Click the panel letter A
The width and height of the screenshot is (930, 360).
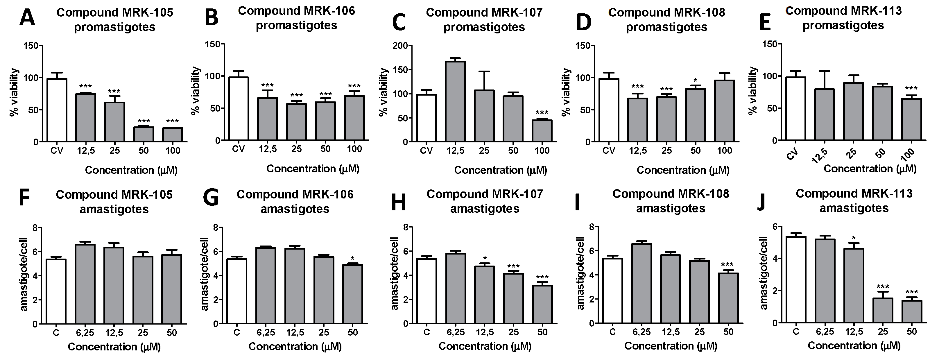pos(27,18)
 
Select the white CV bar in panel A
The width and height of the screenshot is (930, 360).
pos(57,110)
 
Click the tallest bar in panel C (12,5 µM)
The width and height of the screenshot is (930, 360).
pos(455,101)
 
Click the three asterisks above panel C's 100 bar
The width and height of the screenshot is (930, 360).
pos(542,113)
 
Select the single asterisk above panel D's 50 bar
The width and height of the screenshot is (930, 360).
pos(695,80)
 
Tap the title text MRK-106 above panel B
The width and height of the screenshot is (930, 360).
pos(296,11)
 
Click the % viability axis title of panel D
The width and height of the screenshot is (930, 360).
pos(567,92)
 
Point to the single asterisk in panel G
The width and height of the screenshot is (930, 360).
pos(352,259)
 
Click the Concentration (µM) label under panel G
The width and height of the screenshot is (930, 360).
pos(295,347)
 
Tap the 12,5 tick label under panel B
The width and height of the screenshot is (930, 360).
pos(267,149)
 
